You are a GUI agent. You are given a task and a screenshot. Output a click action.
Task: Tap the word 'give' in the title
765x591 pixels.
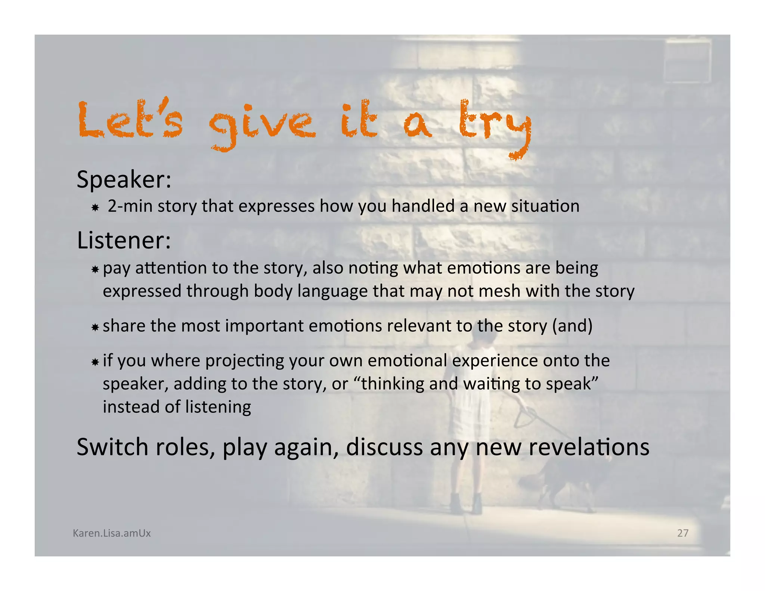click(x=262, y=123)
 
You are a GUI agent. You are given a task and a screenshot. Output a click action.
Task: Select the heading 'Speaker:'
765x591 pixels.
click(x=124, y=180)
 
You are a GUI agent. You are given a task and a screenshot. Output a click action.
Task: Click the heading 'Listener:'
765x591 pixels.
click(x=124, y=240)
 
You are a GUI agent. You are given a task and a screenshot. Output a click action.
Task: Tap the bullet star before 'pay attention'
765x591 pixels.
click(x=95, y=269)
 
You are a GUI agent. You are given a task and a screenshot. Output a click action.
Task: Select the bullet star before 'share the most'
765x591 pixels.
click(x=95, y=327)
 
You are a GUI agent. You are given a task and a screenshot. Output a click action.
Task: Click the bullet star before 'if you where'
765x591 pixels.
click(x=95, y=362)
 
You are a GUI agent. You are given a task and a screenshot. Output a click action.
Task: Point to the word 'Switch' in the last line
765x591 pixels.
click(x=112, y=447)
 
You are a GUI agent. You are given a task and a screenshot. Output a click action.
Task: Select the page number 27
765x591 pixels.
click(x=683, y=533)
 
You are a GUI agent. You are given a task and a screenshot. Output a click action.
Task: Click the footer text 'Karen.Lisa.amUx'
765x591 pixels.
click(x=112, y=533)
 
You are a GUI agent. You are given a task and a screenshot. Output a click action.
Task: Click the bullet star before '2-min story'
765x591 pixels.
click(x=95, y=207)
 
